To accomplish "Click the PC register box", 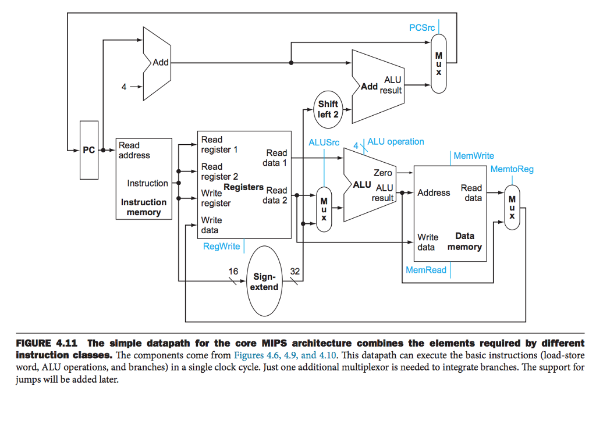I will point(88,150).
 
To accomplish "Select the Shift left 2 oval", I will point(328,109).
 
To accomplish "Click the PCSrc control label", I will point(422,28).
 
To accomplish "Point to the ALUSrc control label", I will point(324,142).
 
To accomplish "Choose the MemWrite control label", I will point(474,156).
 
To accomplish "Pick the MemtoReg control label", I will point(512,169).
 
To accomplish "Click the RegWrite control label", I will point(221,246).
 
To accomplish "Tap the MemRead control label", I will point(426,270).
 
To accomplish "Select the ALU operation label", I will point(396,141).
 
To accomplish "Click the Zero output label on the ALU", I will point(382,173).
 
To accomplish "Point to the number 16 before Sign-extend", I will point(233,271).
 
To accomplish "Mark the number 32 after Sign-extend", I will point(295,271).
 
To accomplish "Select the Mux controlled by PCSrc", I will point(439,63).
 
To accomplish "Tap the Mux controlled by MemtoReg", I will point(512,207).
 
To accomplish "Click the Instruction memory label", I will point(144,207).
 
